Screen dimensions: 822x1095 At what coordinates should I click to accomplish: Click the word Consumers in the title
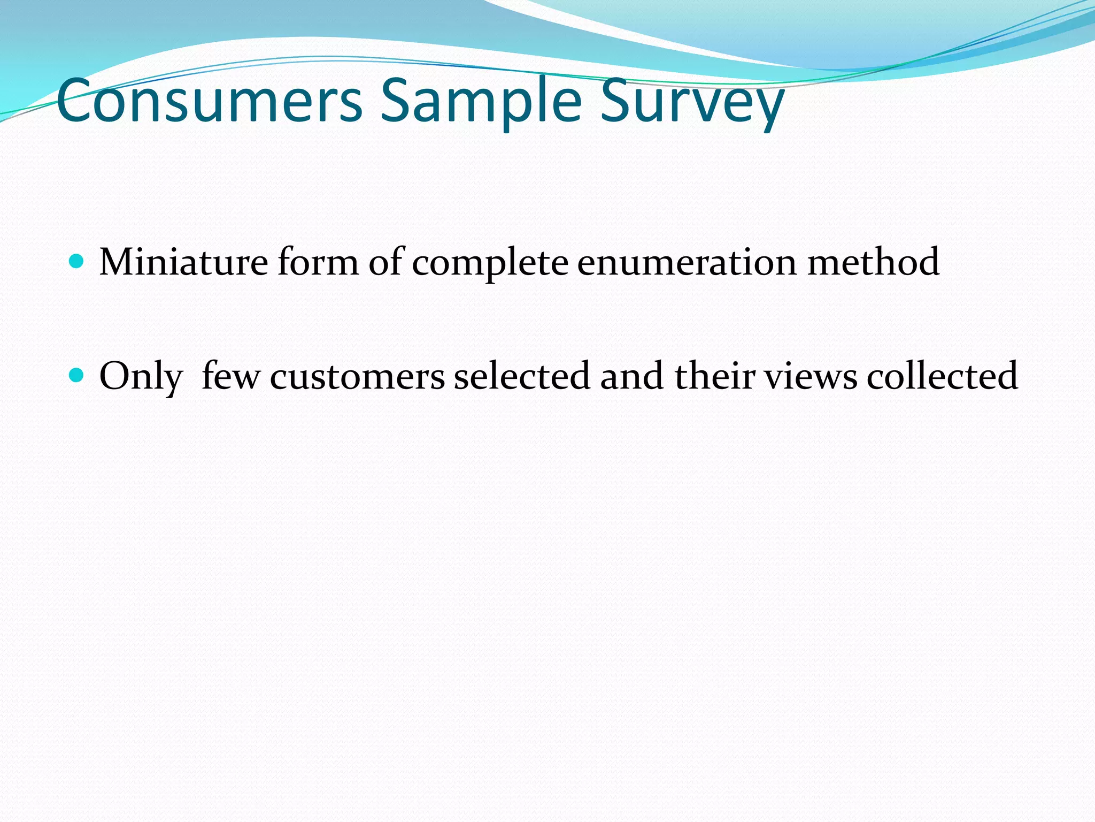pyautogui.click(x=210, y=101)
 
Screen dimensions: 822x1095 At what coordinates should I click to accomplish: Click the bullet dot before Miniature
pyautogui.click(x=77, y=262)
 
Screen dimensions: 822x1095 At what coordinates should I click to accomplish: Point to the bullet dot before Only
pyautogui.click(x=77, y=375)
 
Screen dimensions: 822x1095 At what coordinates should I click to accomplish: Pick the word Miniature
pyautogui.click(x=183, y=262)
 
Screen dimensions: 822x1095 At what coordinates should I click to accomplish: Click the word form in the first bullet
pyautogui.click(x=318, y=262)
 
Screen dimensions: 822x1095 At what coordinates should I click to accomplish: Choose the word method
pyautogui.click(x=873, y=262)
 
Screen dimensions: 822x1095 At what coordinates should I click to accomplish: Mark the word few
pyautogui.click(x=231, y=375)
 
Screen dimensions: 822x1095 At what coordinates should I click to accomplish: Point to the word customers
pyautogui.click(x=357, y=376)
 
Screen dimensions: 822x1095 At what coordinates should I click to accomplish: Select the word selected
pyautogui.click(x=522, y=375)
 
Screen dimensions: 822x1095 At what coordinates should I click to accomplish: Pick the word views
pyautogui.click(x=811, y=376)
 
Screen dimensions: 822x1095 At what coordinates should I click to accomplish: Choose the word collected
pyautogui.click(x=942, y=375)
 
